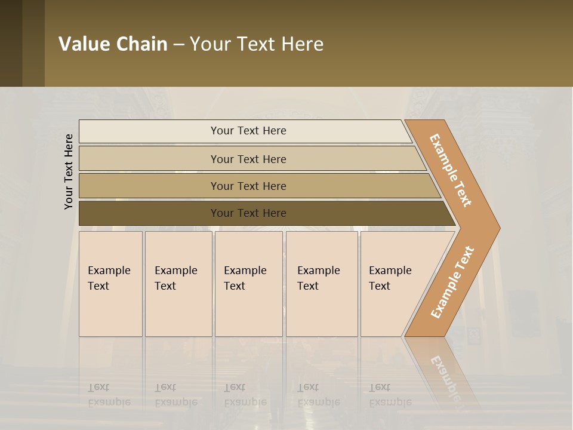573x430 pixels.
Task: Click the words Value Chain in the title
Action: click(x=113, y=44)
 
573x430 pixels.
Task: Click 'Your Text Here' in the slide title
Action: click(x=257, y=44)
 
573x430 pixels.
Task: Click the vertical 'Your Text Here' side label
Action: click(x=69, y=171)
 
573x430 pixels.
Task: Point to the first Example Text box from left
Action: click(x=110, y=284)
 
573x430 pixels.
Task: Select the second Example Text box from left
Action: click(x=178, y=284)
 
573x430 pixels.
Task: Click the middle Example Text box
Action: click(x=248, y=284)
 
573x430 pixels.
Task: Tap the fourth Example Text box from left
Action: click(x=322, y=284)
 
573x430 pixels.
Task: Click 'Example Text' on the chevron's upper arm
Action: click(x=451, y=170)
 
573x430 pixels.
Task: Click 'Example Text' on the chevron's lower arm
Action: click(x=452, y=282)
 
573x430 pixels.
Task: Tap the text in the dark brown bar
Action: click(x=248, y=213)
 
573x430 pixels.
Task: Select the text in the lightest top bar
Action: click(x=248, y=131)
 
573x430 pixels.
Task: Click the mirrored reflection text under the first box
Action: click(x=109, y=394)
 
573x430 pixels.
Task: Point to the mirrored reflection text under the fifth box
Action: click(x=390, y=394)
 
